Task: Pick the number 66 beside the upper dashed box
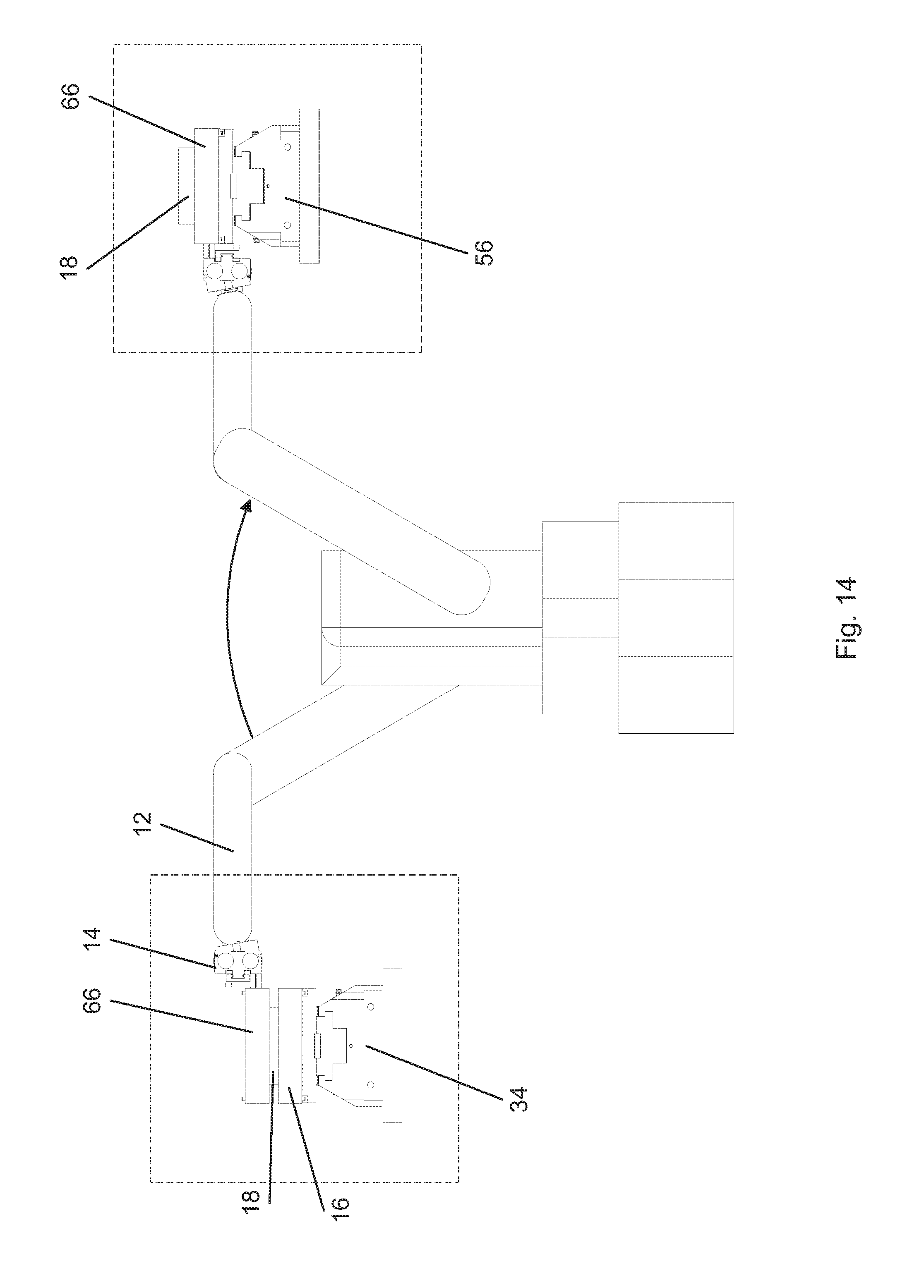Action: [72, 97]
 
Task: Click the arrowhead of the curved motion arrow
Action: [245, 506]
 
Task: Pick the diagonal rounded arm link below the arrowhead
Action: [352, 522]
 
